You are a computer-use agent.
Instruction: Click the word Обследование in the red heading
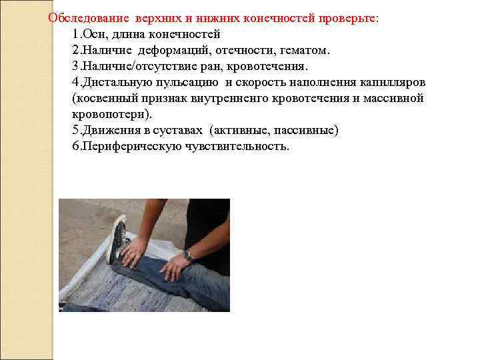tap(89, 19)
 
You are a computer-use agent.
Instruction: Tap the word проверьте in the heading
tap(348, 19)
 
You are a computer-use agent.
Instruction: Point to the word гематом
tap(305, 51)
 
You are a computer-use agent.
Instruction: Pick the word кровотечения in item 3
tap(267, 67)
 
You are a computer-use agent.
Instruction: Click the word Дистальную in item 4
tap(117, 83)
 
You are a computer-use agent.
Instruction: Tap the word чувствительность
tap(237, 146)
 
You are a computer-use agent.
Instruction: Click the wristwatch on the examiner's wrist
tap(187, 255)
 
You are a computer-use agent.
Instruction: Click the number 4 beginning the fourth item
tap(75, 83)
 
